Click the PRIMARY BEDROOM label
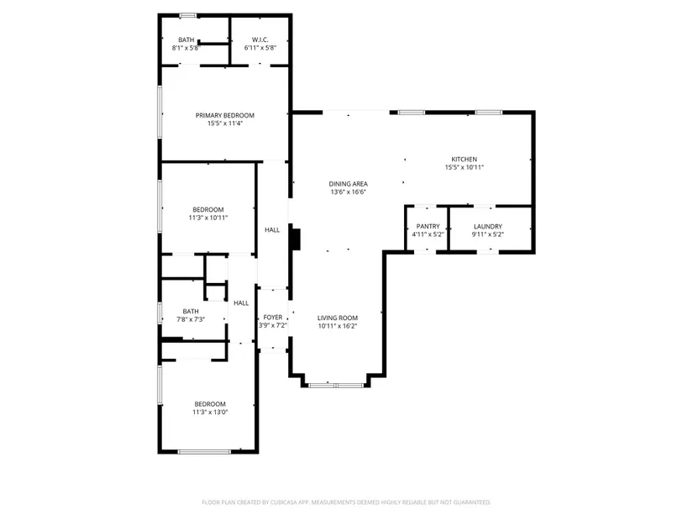tap(225, 115)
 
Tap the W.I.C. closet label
tap(260, 39)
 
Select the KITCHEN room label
tap(464, 159)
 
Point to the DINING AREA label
tap(349, 184)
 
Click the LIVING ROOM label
tap(338, 318)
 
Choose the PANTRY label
tap(428, 226)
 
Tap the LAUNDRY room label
tap(488, 226)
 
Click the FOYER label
tap(273, 318)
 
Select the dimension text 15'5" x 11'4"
tap(225, 123)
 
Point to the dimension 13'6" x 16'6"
tap(349, 192)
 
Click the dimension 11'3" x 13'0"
tap(210, 412)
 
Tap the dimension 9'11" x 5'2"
tap(488, 234)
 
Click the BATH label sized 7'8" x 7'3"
tap(191, 312)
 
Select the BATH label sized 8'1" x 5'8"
tap(186, 39)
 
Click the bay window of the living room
tap(336, 386)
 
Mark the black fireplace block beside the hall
tap(296, 239)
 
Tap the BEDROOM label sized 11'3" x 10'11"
tap(208, 209)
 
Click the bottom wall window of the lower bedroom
tap(204, 451)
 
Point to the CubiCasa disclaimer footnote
tap(346, 502)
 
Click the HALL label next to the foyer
tap(241, 303)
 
